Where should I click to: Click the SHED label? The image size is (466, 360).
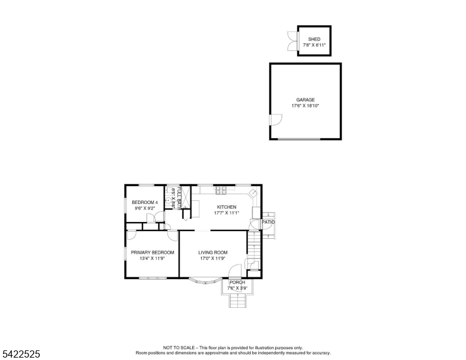(x=314, y=39)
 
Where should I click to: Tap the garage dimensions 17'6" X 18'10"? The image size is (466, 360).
(x=305, y=106)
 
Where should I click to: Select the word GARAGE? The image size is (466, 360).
(x=305, y=100)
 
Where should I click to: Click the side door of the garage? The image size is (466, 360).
(x=275, y=119)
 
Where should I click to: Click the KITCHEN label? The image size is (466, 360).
(x=226, y=207)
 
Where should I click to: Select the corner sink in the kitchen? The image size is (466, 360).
(x=253, y=193)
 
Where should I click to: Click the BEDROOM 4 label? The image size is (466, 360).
(x=145, y=202)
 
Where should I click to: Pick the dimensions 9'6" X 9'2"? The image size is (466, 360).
(x=145, y=208)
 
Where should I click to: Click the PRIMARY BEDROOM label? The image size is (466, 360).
(x=153, y=253)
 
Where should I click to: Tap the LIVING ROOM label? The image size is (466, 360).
(x=213, y=253)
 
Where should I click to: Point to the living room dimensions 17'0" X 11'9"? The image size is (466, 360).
(x=212, y=259)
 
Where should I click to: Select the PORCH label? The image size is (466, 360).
(x=237, y=282)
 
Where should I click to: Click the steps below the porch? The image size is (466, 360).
(x=238, y=301)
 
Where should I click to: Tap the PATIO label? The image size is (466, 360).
(x=268, y=222)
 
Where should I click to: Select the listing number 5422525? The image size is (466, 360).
(x=20, y=355)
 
